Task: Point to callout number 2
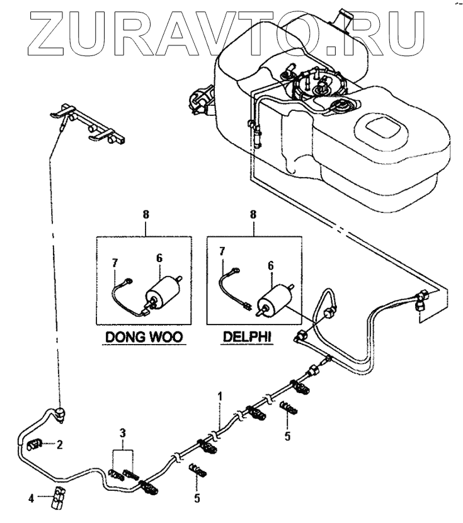coord(60,445)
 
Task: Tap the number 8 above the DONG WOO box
coord(146,215)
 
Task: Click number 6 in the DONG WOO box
coord(159,258)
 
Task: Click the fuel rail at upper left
coord(88,124)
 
